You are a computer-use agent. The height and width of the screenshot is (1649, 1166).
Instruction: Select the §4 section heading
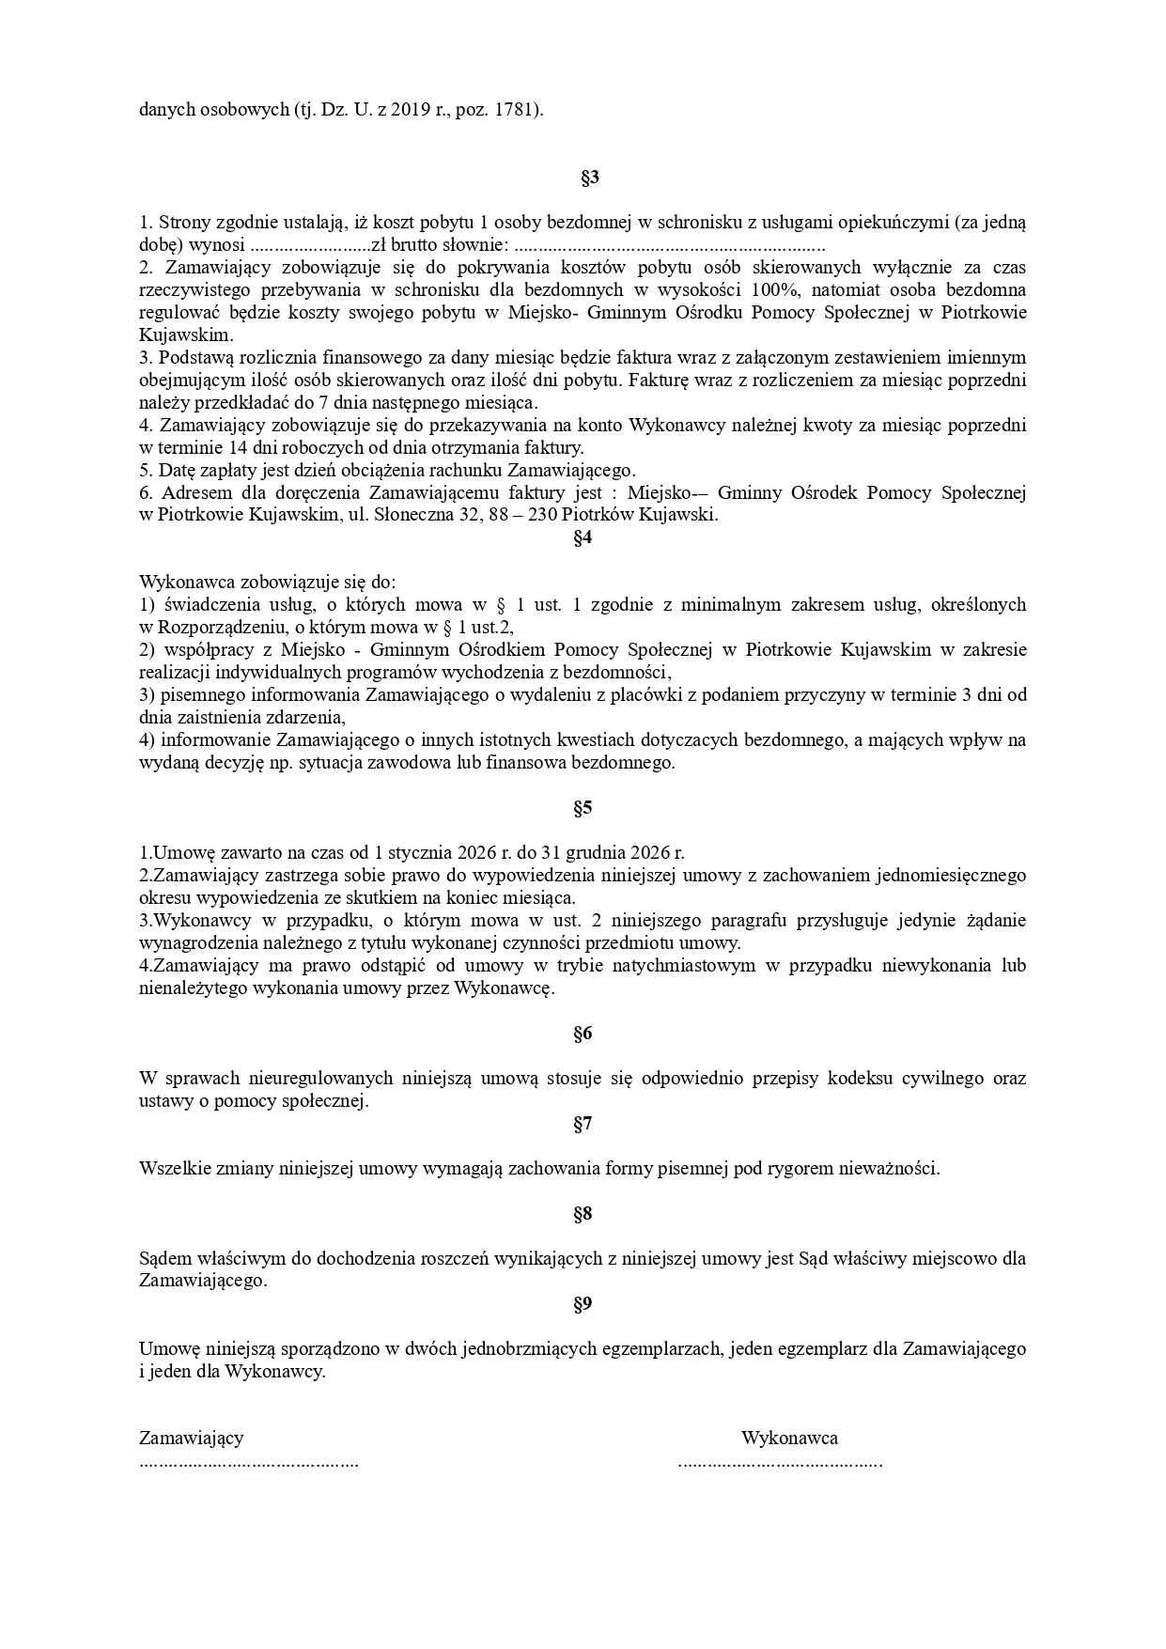click(x=583, y=537)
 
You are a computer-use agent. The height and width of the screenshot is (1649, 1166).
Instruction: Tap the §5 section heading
click(x=583, y=807)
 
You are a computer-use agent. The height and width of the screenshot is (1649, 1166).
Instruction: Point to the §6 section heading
click(x=583, y=1034)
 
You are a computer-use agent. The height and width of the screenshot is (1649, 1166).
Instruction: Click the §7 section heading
click(x=583, y=1124)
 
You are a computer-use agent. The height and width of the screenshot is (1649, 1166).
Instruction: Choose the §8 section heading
click(x=583, y=1214)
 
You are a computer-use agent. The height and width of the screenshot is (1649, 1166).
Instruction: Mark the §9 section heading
click(x=583, y=1304)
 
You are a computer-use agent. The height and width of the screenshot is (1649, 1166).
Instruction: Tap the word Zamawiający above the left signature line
click(x=192, y=1438)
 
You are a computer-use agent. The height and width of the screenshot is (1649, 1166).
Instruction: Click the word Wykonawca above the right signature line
click(x=789, y=1438)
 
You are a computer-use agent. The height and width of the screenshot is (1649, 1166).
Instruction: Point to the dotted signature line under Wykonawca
click(x=780, y=1464)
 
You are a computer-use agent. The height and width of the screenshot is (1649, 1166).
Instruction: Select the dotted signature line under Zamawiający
click(x=249, y=1464)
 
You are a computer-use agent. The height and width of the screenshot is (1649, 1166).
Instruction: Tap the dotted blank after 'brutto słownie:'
click(x=671, y=246)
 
